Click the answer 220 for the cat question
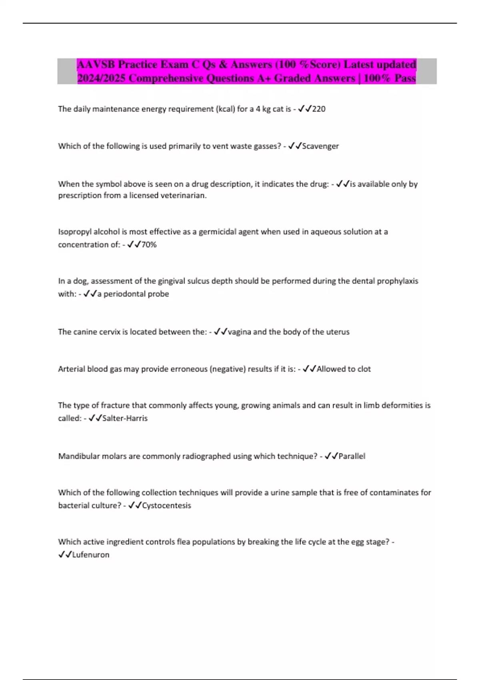319,109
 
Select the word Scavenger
320,146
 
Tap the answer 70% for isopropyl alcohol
149,244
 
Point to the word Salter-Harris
125,418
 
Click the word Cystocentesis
166,505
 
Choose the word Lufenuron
91,554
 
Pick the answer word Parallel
352,456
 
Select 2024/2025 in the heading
102,78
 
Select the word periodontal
124,294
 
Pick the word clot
364,369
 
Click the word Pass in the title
405,78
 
